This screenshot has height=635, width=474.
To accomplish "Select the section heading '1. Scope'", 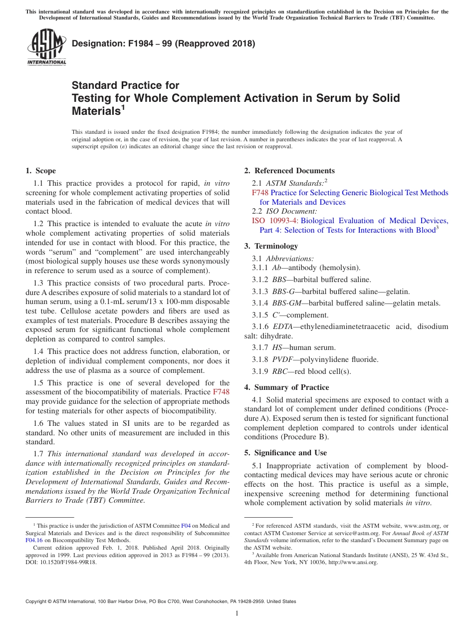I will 41,171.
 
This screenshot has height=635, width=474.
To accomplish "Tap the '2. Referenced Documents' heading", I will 289,171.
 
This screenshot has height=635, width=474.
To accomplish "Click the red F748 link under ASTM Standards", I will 260,193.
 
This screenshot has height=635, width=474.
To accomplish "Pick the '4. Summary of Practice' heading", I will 286,387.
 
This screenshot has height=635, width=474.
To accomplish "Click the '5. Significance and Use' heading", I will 285,453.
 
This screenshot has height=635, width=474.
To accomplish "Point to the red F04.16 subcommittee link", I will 34,540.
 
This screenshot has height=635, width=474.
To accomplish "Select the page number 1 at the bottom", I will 237,614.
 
